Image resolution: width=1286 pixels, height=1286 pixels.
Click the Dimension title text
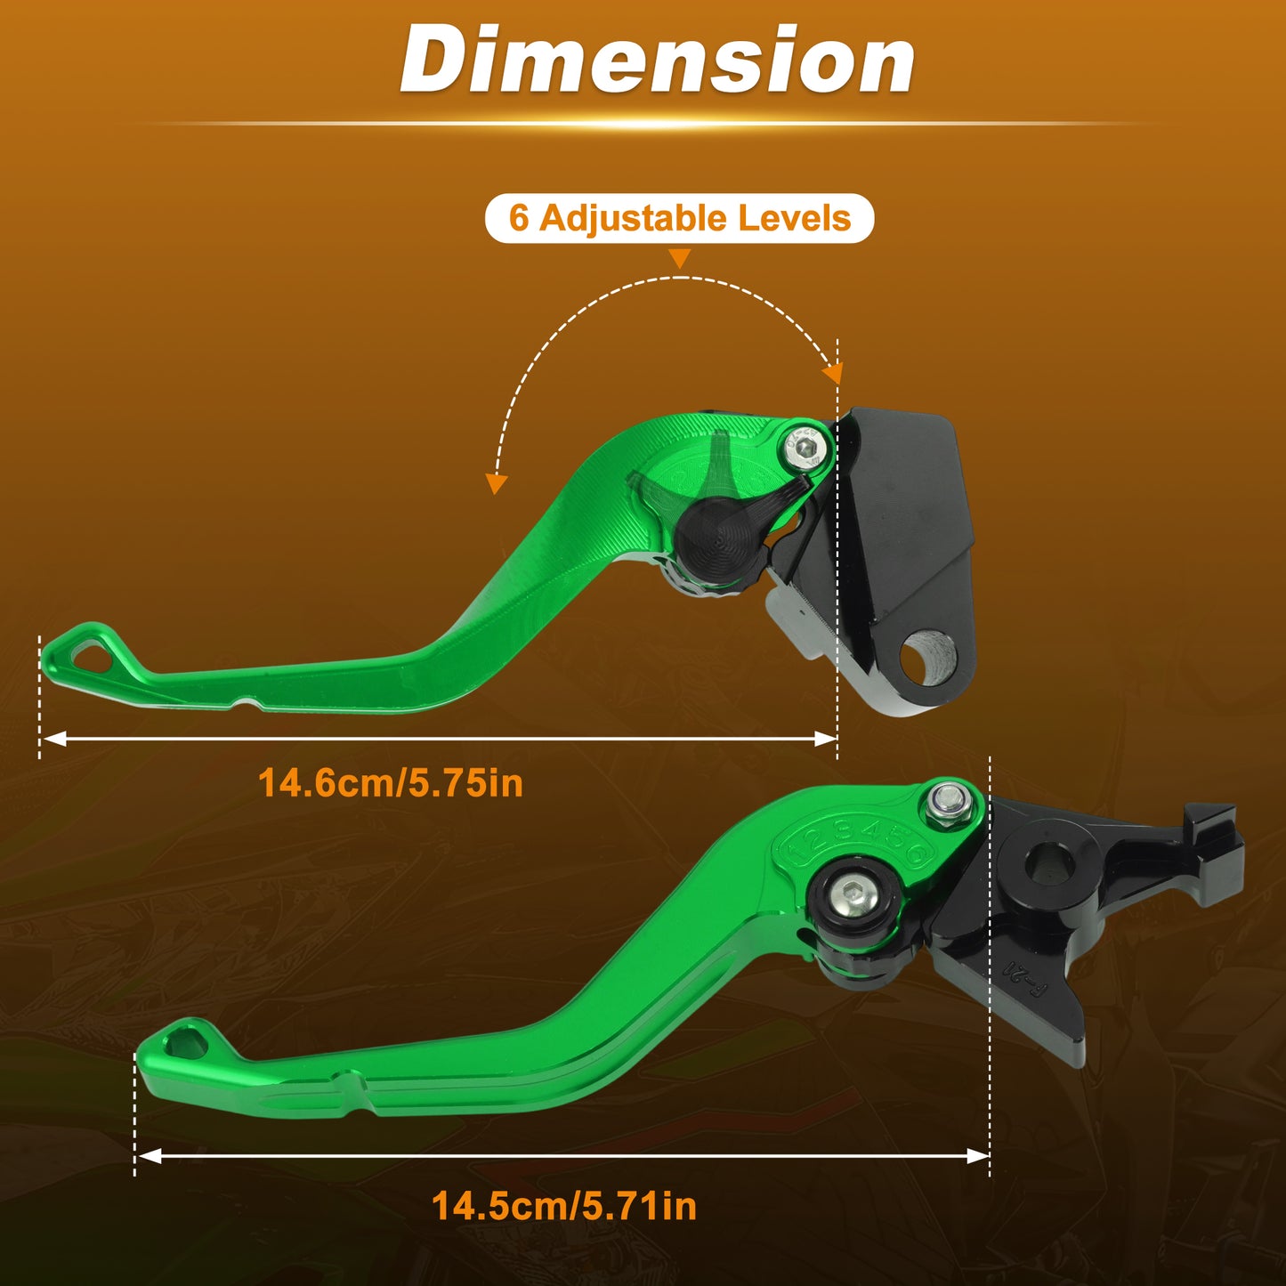(658, 60)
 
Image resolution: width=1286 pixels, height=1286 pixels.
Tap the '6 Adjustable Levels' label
(679, 218)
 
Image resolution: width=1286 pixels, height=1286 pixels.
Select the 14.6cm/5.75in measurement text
(391, 783)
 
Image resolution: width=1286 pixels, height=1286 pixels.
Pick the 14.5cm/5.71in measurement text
(564, 1206)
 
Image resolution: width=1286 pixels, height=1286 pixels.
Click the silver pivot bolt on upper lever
(807, 448)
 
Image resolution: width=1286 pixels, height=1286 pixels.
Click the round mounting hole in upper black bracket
(927, 659)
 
